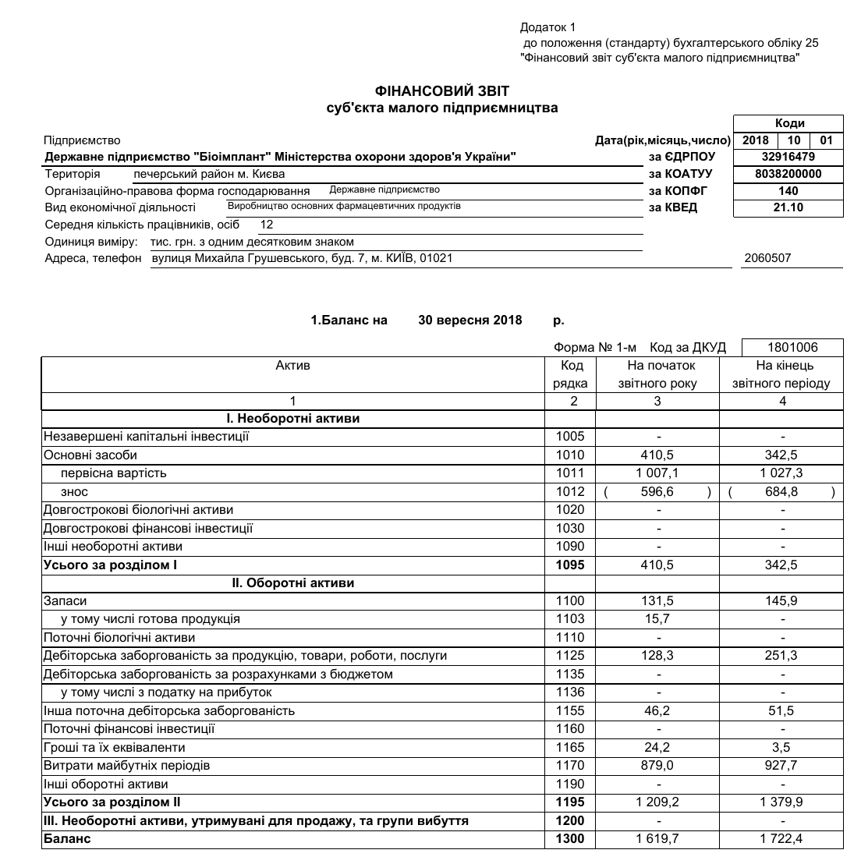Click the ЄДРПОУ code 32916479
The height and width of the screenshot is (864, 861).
click(x=788, y=157)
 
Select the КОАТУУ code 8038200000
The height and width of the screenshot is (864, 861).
click(x=788, y=174)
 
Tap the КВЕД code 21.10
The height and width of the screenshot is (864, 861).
click(x=788, y=207)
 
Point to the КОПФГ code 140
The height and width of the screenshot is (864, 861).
click(x=788, y=191)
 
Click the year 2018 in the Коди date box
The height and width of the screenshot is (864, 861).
click(x=756, y=140)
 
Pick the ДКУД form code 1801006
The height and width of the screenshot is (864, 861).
click(x=792, y=347)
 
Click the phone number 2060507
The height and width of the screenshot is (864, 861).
click(x=767, y=258)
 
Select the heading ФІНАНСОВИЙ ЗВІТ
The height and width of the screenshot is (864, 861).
click(x=442, y=92)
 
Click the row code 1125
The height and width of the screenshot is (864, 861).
click(x=570, y=656)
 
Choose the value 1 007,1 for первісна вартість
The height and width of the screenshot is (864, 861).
click(x=657, y=473)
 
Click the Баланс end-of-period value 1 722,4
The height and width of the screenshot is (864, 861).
click(x=781, y=839)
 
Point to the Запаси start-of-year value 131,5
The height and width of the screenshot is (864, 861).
click(x=657, y=601)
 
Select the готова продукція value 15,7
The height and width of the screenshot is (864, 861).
click(x=657, y=619)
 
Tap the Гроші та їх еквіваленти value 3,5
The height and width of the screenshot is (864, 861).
click(x=781, y=748)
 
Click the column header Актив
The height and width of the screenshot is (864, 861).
click(x=292, y=366)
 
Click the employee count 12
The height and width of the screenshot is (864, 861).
click(x=267, y=225)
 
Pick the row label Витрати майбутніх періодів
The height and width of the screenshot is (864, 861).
click(x=127, y=766)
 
